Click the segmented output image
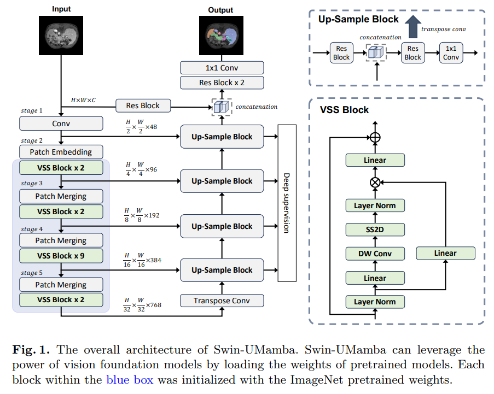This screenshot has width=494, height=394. coord(222,36)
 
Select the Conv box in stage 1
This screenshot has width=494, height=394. coord(61,124)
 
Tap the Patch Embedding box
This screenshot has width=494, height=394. coord(61,152)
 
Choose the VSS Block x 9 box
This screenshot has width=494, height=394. coord(61,256)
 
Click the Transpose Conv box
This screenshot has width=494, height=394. coord(222,301)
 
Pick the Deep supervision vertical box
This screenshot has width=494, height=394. coord(287,203)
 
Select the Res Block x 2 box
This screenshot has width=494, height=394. coord(222,83)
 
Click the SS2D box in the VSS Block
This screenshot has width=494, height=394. coord(375,230)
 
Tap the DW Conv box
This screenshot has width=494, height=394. coord(375,254)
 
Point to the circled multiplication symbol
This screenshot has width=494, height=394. coord(375,183)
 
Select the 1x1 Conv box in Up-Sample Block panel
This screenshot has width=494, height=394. coord(451,53)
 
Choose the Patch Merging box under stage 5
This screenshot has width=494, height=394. coord(61,285)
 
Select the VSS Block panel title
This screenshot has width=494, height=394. coord(344,110)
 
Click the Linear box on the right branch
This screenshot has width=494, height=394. coord(445,253)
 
